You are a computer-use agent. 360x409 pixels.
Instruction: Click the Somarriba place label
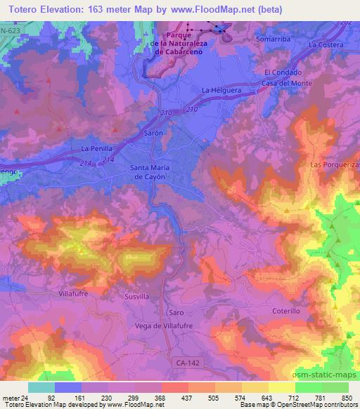(272, 39)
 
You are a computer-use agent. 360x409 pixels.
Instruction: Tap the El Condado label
(283, 72)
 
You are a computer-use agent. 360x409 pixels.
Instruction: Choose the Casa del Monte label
(284, 84)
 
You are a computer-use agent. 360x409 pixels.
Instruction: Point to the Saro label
(176, 311)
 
